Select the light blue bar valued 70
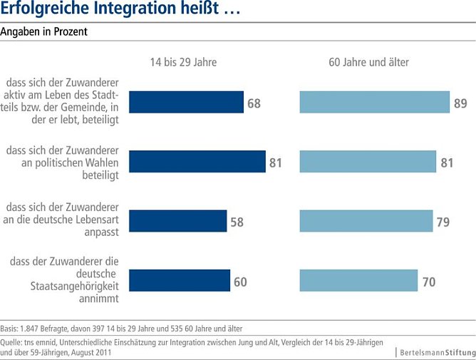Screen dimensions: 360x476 (x=358, y=281)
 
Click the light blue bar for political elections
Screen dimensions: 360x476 (x=368, y=163)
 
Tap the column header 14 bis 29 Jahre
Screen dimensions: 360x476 (x=183, y=62)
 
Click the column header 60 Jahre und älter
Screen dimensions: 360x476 (x=368, y=62)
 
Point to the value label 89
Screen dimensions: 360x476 (x=460, y=103)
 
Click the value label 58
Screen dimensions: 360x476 (x=237, y=222)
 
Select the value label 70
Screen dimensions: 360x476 (x=429, y=282)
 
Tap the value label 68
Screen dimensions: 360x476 (x=254, y=103)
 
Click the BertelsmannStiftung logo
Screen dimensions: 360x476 (x=435, y=353)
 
